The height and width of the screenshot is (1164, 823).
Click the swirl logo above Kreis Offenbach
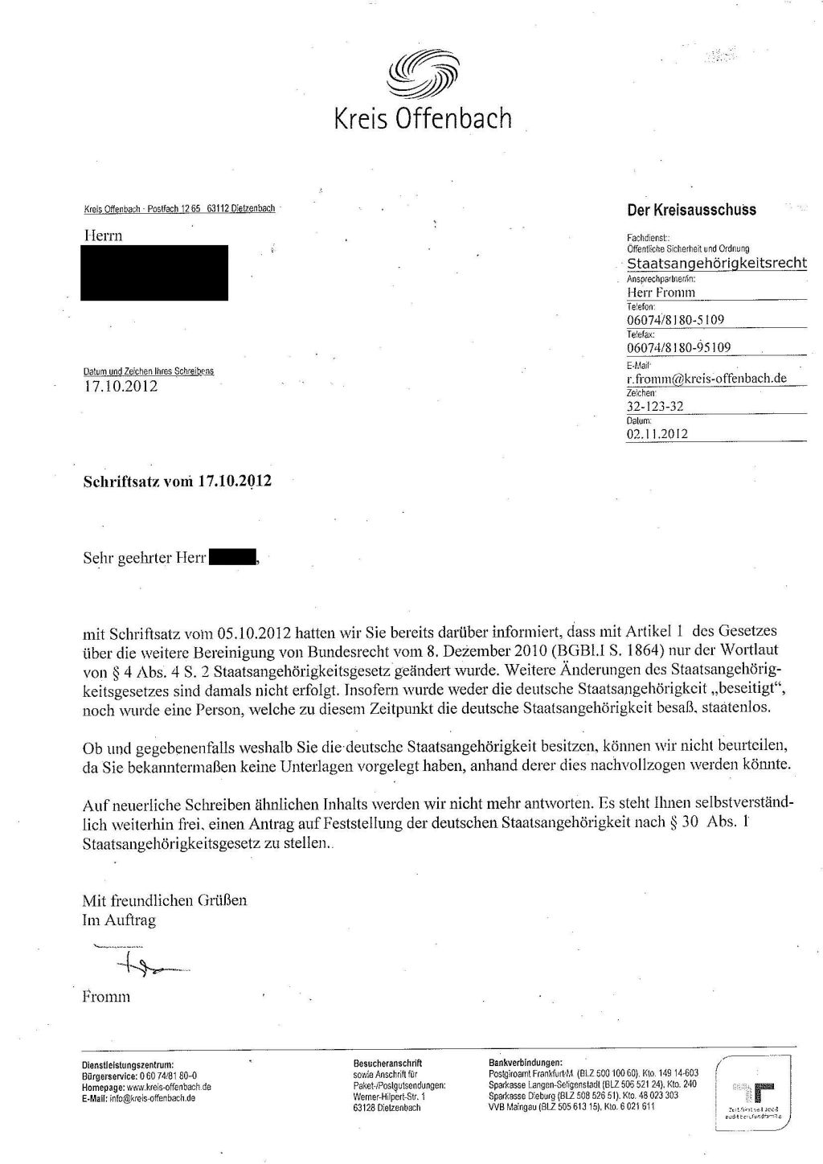[422, 75]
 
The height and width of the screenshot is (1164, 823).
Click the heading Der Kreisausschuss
[691, 210]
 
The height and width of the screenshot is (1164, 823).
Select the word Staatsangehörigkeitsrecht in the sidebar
[717, 264]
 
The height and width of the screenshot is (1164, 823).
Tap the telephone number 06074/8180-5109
[675, 319]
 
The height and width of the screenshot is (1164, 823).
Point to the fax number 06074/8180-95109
[678, 347]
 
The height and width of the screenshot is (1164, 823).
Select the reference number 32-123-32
[655, 406]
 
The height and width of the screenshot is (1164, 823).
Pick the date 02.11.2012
[657, 434]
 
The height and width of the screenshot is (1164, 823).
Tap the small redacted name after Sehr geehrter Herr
[232, 556]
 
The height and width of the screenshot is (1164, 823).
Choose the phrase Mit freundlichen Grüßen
[165, 900]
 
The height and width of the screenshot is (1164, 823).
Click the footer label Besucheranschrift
[387, 1063]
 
